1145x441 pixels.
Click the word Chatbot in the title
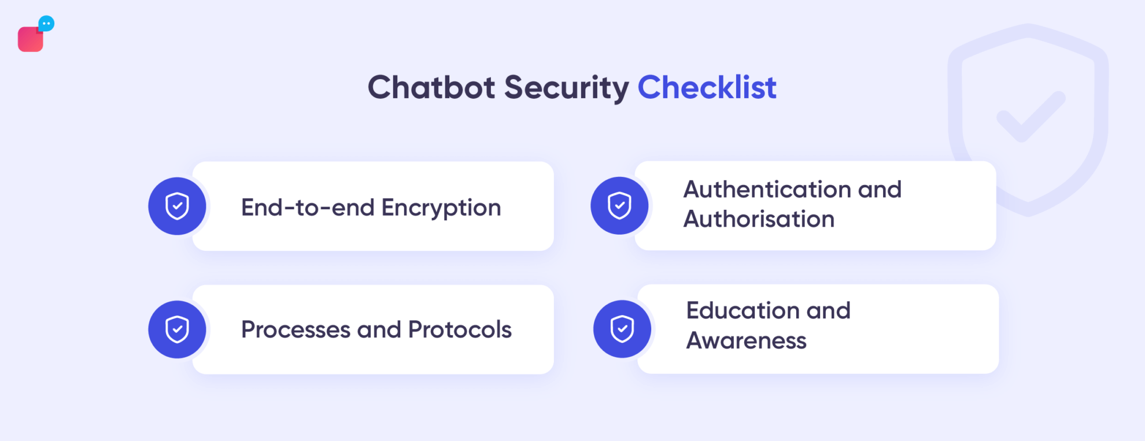coord(431,87)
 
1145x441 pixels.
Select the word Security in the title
coord(566,87)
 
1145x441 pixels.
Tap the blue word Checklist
coord(707,87)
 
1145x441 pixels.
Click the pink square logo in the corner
coord(30,39)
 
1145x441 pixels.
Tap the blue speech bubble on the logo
coord(46,24)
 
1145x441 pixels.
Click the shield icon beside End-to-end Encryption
coord(177,206)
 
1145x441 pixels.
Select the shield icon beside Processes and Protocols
coord(177,329)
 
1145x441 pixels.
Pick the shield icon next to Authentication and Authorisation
coord(619,206)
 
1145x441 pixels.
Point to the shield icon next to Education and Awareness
coord(622,329)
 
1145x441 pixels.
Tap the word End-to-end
coord(308,207)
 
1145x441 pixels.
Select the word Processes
coord(296,329)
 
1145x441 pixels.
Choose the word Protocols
coord(460,329)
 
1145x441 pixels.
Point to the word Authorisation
coord(759,219)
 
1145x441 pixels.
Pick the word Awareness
coord(746,340)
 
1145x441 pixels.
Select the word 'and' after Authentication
coord(880,190)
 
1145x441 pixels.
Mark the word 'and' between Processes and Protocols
coord(379,329)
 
